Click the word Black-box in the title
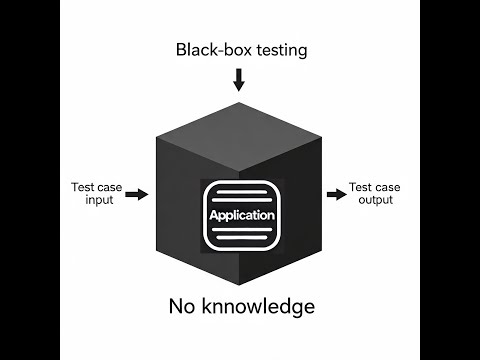pyautogui.click(x=204, y=49)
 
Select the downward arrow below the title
pyautogui.click(x=238, y=78)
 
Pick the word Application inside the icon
pyautogui.click(x=241, y=216)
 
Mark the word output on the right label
pyautogui.click(x=376, y=199)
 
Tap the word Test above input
pyautogui.click(x=84, y=186)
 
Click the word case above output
pyautogui.click(x=389, y=186)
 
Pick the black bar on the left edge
pyautogui.click(x=29, y=180)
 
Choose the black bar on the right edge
pyautogui.click(x=450, y=180)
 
